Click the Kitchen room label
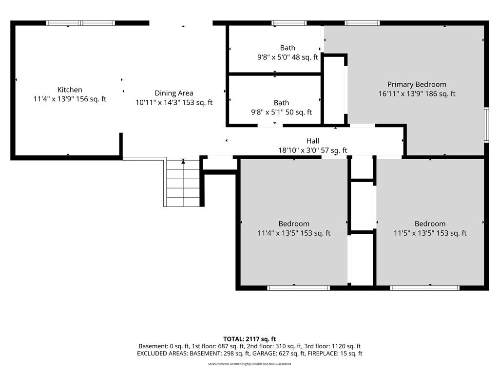point(70,90)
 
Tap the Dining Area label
point(174,93)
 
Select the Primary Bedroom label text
point(417,84)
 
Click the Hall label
point(313,141)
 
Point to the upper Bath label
point(288,48)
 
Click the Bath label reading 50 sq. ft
point(281,103)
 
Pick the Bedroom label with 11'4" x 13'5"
point(294,224)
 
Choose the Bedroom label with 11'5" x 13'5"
point(430,224)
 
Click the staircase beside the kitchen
point(183,183)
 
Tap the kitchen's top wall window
point(80,23)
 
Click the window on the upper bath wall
point(289,23)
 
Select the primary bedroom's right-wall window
point(486,125)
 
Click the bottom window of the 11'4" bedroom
point(299,288)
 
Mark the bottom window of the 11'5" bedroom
point(425,288)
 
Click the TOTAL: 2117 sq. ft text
point(249,339)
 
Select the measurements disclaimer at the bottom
point(249,364)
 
